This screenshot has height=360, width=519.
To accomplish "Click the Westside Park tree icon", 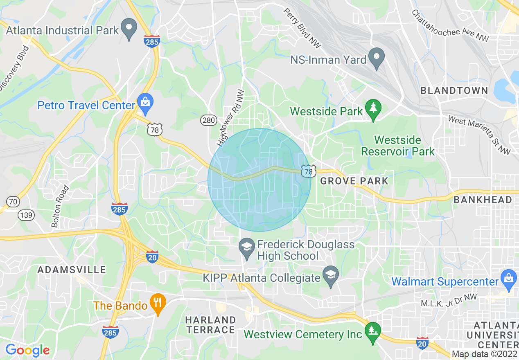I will tap(373, 109).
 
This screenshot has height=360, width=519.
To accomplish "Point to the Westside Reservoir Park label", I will tap(397, 146).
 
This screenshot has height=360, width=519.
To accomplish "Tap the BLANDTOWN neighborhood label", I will tap(454, 90).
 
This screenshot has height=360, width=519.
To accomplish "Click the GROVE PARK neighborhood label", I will tap(354, 181).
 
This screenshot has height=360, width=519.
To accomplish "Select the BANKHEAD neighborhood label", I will tap(483, 200).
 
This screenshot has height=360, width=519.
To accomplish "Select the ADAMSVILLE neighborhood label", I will tap(72, 270).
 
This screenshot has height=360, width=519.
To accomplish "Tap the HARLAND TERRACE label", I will tap(210, 324).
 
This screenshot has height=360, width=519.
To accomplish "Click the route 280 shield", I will tap(208, 120).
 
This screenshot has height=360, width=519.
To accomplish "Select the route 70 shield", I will tap(13, 201).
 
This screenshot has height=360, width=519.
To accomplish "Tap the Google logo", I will tap(27, 350).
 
